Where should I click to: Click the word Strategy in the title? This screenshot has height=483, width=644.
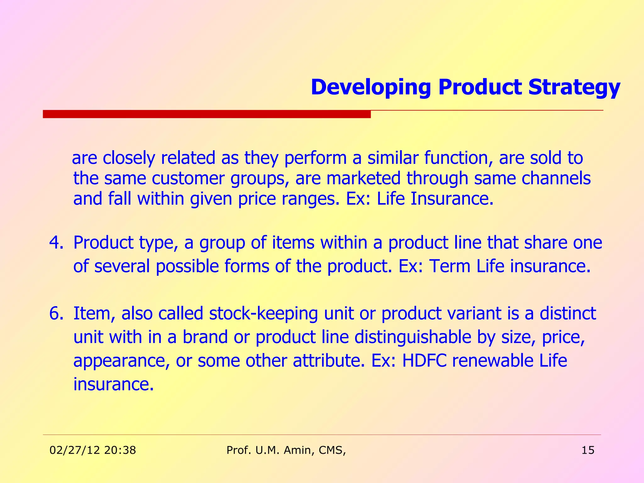point(574,87)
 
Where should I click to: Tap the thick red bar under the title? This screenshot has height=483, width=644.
point(207,114)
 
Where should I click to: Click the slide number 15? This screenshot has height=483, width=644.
point(588,450)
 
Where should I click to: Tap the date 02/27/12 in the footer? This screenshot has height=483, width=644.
point(75,450)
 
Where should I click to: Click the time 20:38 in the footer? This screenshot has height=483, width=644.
point(120,450)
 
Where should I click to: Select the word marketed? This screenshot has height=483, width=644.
point(363,178)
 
